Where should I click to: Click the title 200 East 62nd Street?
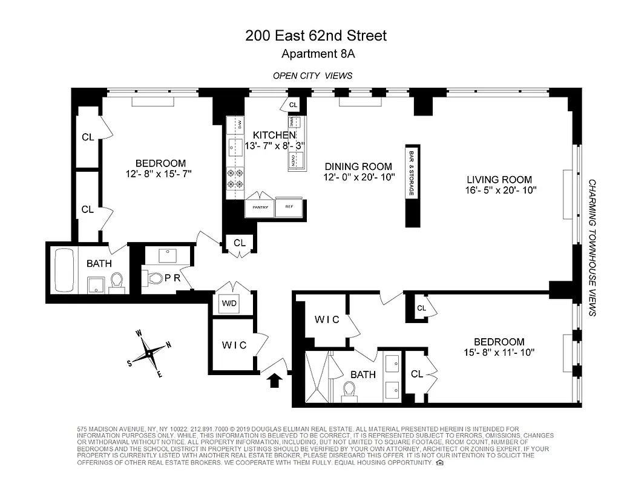(x=315, y=36)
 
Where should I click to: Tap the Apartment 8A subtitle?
(x=318, y=54)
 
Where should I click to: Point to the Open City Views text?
(x=312, y=76)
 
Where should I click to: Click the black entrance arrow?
(x=275, y=380)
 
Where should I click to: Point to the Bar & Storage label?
(x=412, y=172)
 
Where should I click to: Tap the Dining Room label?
(x=358, y=166)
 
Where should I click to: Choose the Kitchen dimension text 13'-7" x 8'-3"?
(x=274, y=146)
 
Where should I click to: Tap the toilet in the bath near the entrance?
(x=349, y=390)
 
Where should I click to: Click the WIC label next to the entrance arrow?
(x=234, y=345)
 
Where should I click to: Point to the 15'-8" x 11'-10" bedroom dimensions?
(x=499, y=352)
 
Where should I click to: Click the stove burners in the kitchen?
(x=234, y=178)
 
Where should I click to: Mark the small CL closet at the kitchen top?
(x=294, y=105)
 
